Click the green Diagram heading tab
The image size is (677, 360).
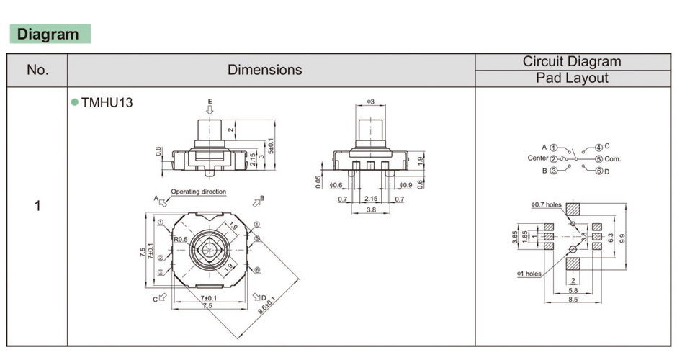pyautogui.click(x=49, y=34)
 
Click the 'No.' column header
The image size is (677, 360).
pyautogui.click(x=37, y=70)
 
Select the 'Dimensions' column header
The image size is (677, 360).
pyautogui.click(x=264, y=70)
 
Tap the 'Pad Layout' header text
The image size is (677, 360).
pyautogui.click(x=572, y=78)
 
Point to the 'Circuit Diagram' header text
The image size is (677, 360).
pyautogui.click(x=572, y=62)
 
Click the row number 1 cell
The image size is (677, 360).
pyautogui.click(x=37, y=206)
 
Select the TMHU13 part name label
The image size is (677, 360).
pyautogui.click(x=107, y=102)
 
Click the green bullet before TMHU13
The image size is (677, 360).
pyautogui.click(x=74, y=102)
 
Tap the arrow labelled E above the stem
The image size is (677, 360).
pyautogui.click(x=210, y=109)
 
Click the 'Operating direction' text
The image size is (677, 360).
pyautogui.click(x=198, y=192)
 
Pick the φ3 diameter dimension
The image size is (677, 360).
pyautogui.click(x=371, y=102)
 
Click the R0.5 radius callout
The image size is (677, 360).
pyautogui.click(x=180, y=239)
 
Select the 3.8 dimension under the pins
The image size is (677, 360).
pyautogui.click(x=370, y=210)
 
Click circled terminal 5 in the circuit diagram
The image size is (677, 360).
pyautogui.click(x=598, y=158)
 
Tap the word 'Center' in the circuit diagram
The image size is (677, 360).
pyautogui.click(x=537, y=158)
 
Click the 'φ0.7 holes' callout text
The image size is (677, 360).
pyautogui.click(x=545, y=205)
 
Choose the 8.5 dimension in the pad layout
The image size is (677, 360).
pyautogui.click(x=573, y=300)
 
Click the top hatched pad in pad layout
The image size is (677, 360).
pyautogui.click(x=573, y=209)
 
